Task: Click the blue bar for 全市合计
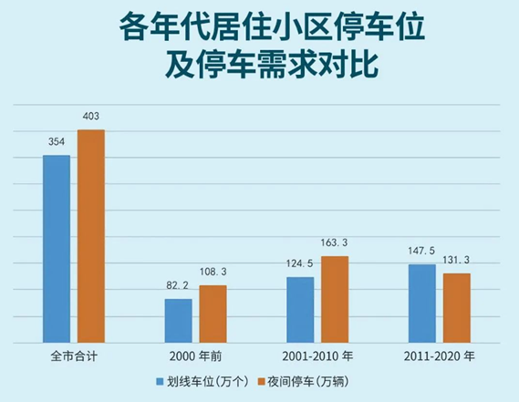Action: pyautogui.click(x=57, y=249)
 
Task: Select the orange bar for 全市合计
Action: pyautogui.click(x=91, y=236)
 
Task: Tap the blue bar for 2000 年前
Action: pyautogui.click(x=179, y=321)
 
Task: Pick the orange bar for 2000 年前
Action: pyautogui.click(x=213, y=314)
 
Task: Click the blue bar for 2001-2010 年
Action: pyautogui.click(x=300, y=310)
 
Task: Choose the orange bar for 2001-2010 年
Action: pyautogui.click(x=335, y=299)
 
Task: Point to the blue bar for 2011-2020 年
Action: pyautogui.click(x=422, y=304)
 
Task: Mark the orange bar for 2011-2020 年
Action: pyautogui.click(x=456, y=308)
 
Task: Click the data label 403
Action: pyautogui.click(x=90, y=116)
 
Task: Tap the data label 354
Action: pyautogui.click(x=57, y=142)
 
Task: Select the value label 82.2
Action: pyautogui.click(x=178, y=285)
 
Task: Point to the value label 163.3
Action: pyautogui.click(x=334, y=242)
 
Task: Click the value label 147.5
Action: pyautogui.click(x=421, y=251)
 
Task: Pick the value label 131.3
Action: pyautogui.click(x=456, y=260)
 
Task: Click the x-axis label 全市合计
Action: pyautogui.click(x=74, y=356)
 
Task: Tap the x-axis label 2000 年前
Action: pyautogui.click(x=195, y=356)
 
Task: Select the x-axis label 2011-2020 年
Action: pyautogui.click(x=440, y=356)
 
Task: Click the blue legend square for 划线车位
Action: pyautogui.click(x=160, y=382)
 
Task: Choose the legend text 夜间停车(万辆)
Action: pyautogui.click(x=308, y=382)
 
